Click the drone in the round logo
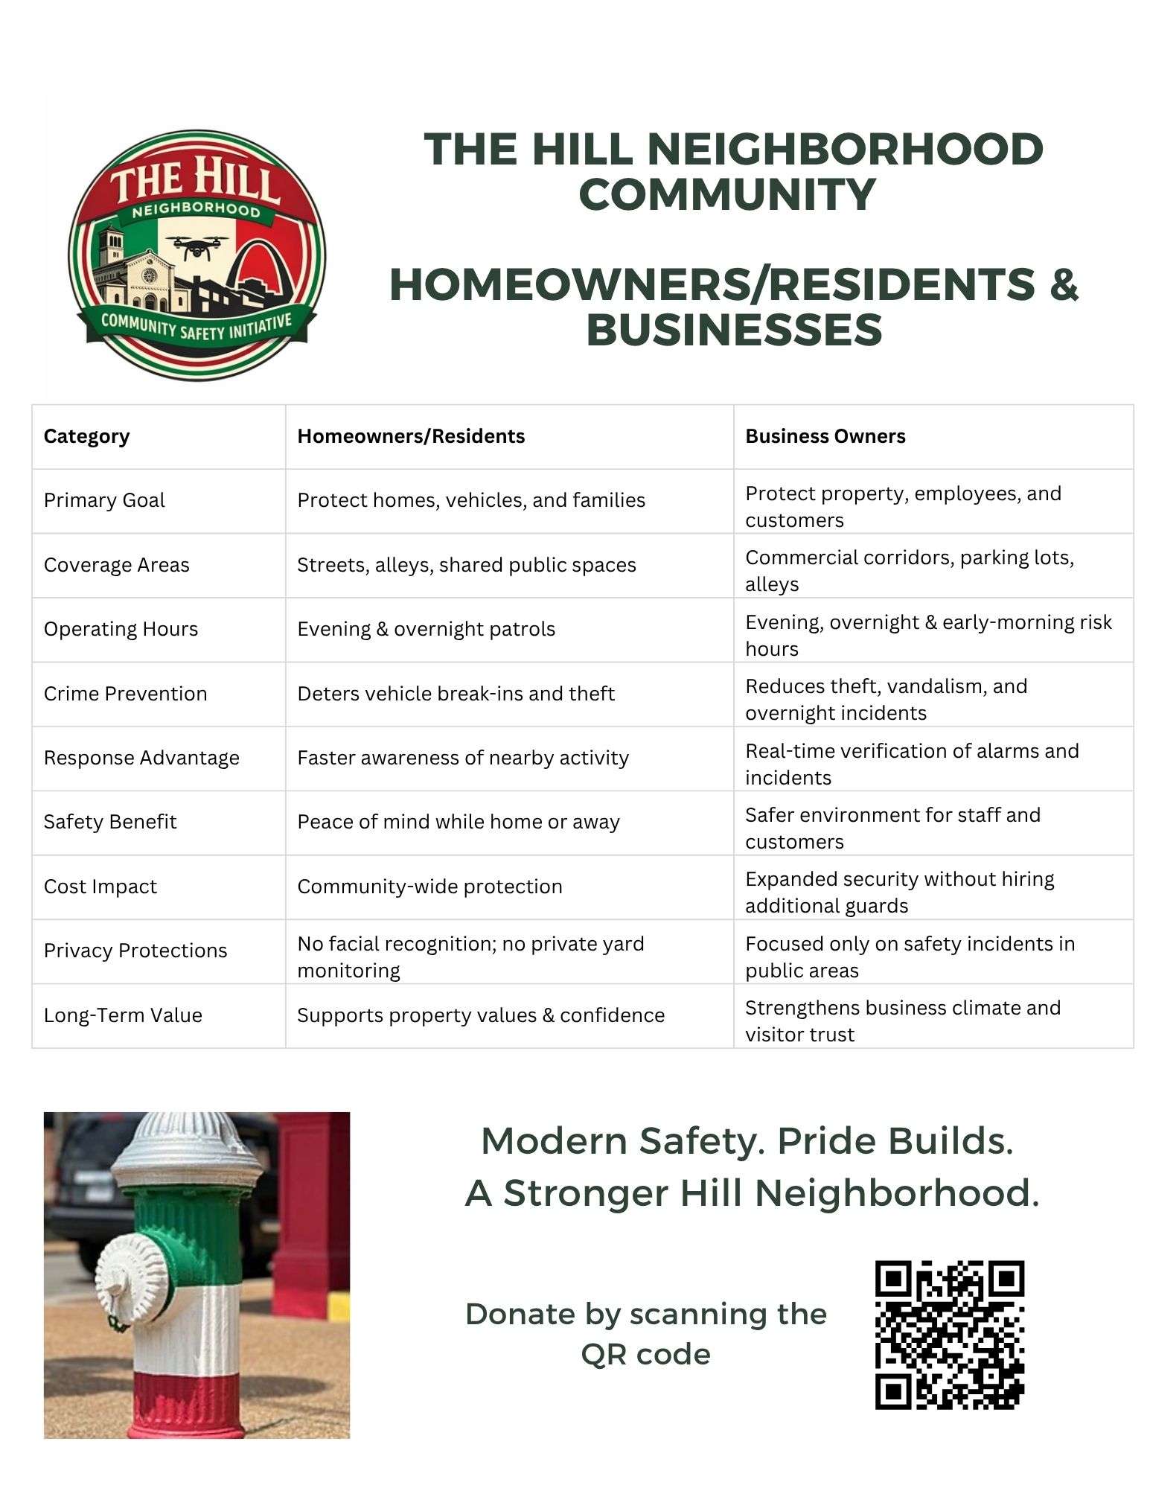coord(197,246)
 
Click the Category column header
coord(86,436)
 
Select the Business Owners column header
coord(825,436)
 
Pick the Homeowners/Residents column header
coord(411,436)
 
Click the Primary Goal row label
coord(104,500)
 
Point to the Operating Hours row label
coord(121,629)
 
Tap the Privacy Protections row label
coord(135,951)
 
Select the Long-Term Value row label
coord(123,1015)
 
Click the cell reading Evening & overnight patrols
coord(426,629)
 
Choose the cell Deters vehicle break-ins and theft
coord(456,694)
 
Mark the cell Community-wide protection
coord(429,887)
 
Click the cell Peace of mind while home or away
coord(459,822)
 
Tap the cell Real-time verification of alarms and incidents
coord(911,764)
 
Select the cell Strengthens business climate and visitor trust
coord(902,1021)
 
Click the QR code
coord(949,1335)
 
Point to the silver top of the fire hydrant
coord(185,1150)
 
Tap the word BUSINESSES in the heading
coord(733,330)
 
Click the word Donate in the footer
coord(520,1315)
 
